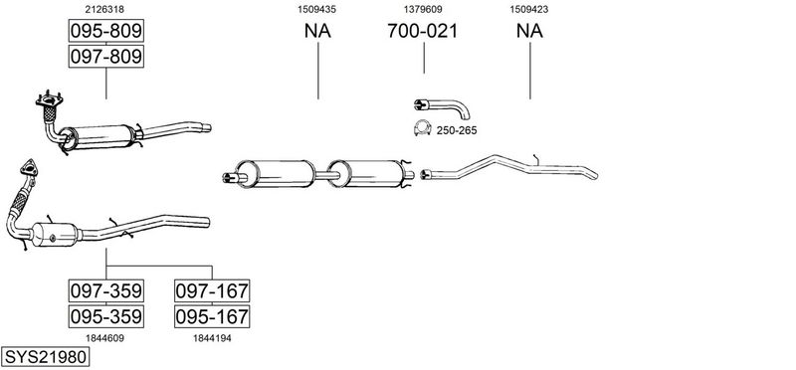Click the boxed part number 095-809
click(x=106, y=31)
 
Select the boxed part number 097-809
click(x=106, y=57)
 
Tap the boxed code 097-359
click(x=106, y=290)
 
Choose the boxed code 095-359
click(x=106, y=316)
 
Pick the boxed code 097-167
click(x=212, y=290)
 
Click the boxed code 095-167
click(x=212, y=316)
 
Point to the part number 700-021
click(x=422, y=31)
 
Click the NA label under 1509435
click(x=317, y=31)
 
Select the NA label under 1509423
click(x=529, y=31)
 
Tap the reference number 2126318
click(x=105, y=9)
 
